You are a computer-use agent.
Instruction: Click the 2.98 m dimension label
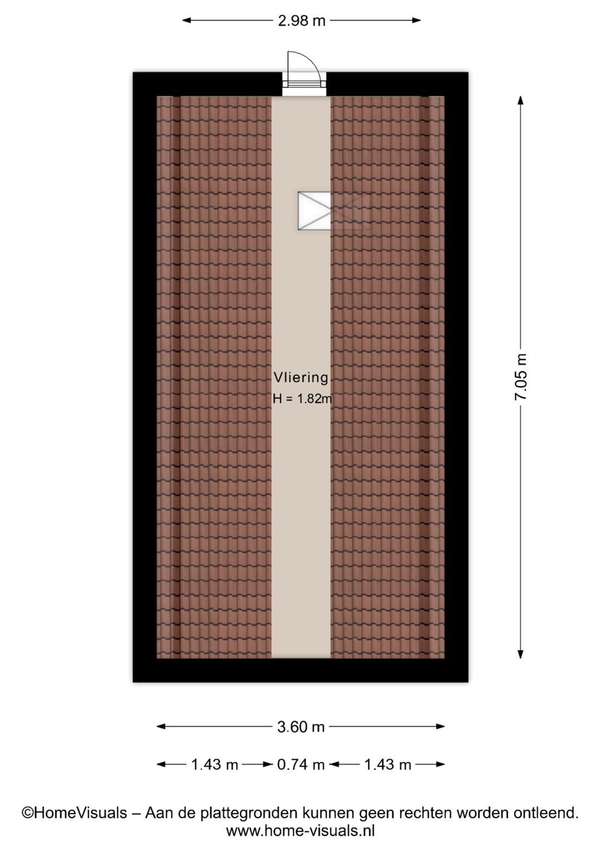(x=301, y=21)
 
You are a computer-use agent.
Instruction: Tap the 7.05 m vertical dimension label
(x=521, y=377)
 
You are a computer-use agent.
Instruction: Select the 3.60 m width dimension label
(x=301, y=727)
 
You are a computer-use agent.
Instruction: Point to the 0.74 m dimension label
(x=301, y=765)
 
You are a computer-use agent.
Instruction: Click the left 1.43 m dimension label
(x=214, y=765)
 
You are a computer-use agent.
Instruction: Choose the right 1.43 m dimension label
(x=388, y=765)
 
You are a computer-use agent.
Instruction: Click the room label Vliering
(x=301, y=378)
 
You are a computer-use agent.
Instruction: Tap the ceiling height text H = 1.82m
(x=302, y=399)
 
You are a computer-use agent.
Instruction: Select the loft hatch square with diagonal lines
(x=314, y=210)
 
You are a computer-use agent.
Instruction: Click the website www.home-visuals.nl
(x=301, y=830)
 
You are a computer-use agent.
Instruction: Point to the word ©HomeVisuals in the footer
(x=74, y=812)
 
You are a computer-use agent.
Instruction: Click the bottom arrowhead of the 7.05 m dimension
(x=521, y=654)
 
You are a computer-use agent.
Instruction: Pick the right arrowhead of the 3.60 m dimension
(x=439, y=727)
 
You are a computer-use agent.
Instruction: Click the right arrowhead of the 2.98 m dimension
(x=416, y=21)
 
